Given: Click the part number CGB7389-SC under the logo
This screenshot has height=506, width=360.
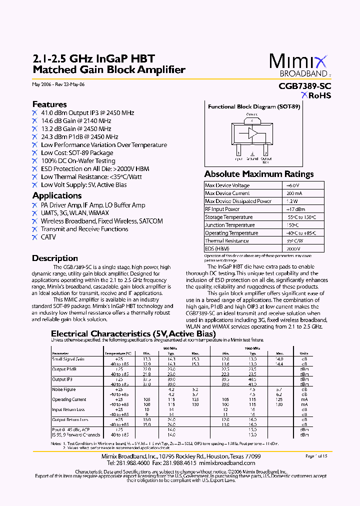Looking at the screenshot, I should click(x=304, y=86).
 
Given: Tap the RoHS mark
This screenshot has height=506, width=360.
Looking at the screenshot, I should click(x=316, y=96).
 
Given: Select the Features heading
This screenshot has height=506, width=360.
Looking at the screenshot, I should click(x=49, y=104).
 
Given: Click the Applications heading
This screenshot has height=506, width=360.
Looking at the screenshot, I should click(x=57, y=195).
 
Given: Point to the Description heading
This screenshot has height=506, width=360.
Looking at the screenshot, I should click(x=55, y=258).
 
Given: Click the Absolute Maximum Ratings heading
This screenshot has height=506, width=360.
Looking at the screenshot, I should click(x=259, y=174).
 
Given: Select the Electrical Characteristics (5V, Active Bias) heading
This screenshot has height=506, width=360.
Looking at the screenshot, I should click(x=126, y=333).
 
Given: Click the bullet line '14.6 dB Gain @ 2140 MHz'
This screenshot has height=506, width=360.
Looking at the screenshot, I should click(x=76, y=121).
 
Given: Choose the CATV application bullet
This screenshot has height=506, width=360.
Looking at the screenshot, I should click(x=48, y=237).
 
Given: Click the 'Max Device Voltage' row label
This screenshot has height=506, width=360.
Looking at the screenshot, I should click(x=227, y=185).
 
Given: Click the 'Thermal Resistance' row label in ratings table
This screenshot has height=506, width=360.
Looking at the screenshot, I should click(x=226, y=241).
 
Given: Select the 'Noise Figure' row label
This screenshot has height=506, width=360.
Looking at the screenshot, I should click(x=64, y=389).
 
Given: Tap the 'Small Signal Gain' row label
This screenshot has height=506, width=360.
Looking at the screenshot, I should click(x=68, y=359).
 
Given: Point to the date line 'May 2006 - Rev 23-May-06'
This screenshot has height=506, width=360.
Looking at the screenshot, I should click(x=58, y=84).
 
